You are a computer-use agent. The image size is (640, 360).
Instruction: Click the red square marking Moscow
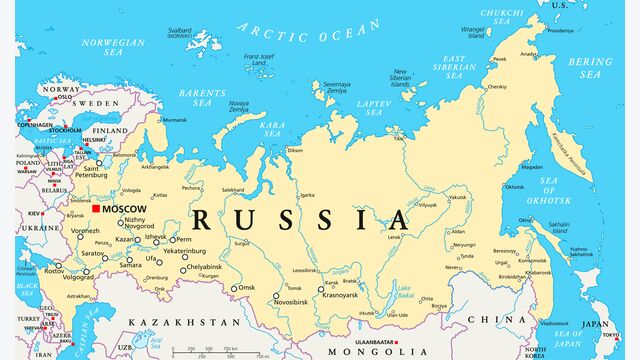pyautogui.click(x=96, y=209)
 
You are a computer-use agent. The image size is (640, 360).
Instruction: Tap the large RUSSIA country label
pyautogui.click(x=300, y=220)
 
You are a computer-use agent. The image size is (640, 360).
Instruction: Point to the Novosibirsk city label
pyautogui.click(x=299, y=302)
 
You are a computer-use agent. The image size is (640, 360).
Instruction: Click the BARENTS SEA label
pyautogui.click(x=202, y=97)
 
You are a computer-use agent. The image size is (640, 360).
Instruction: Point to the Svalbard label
pyautogui.click(x=179, y=33)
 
